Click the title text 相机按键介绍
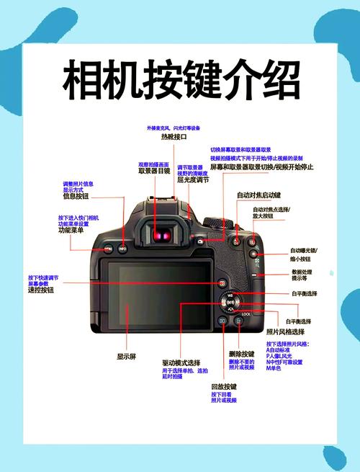pyautogui.click(x=180, y=79)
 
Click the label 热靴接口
pyautogui.click(x=174, y=136)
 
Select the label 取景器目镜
pyautogui.click(x=154, y=172)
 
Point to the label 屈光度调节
pyautogui.click(x=192, y=180)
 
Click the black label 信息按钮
pyautogui.click(x=76, y=196)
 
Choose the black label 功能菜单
pyautogui.click(x=71, y=231)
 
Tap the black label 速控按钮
pyautogui.click(x=41, y=290)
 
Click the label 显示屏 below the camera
pyautogui.click(x=127, y=356)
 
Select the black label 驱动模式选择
pyautogui.click(x=181, y=362)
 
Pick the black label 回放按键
pyautogui.click(x=224, y=387)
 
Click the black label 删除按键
pyautogui.click(x=241, y=354)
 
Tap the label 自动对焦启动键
pyautogui.click(x=259, y=195)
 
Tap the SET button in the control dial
pyautogui.click(x=231, y=303)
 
